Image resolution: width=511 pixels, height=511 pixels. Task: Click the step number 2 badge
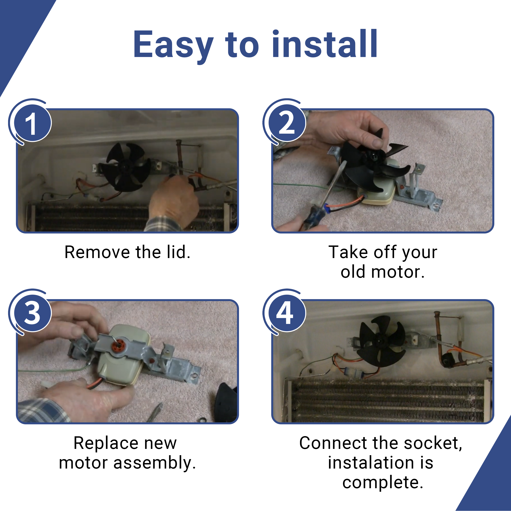287,123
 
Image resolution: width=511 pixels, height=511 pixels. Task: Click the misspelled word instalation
371,463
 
